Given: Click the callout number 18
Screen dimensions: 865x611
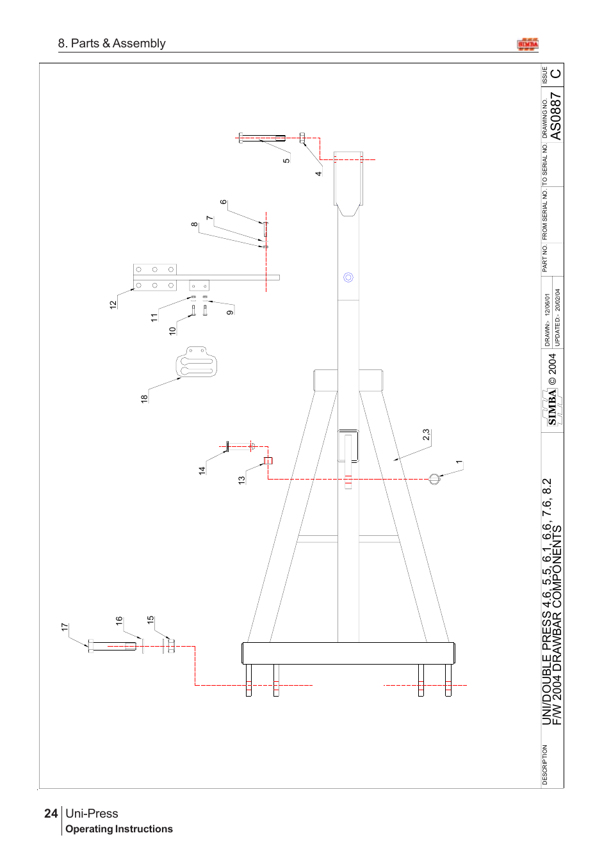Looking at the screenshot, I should (144, 398).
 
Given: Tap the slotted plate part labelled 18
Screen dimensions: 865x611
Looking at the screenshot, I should (197, 363).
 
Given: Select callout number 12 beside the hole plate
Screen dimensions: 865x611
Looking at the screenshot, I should (113, 305).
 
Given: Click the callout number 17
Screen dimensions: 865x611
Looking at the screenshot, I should (65, 627).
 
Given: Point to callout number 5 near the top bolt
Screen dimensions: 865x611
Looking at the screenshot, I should (286, 160).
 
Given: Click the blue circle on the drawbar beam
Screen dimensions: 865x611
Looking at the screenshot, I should (348, 277).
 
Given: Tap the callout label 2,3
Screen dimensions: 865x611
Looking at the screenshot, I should (426, 435).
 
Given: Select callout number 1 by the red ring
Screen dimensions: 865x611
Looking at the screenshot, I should (459, 462).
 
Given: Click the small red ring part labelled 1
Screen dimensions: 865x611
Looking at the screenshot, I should (434, 479).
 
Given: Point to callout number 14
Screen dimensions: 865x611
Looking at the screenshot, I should (202, 470).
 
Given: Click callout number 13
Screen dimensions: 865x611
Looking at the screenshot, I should (241, 480).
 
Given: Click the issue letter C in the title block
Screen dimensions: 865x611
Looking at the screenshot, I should (555, 74).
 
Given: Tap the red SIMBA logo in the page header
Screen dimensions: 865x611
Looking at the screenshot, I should (528, 44).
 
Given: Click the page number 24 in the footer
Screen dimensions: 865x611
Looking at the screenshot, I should (51, 813).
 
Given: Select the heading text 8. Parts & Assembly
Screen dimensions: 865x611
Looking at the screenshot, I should (112, 44).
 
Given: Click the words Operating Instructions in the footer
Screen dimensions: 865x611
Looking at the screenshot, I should (119, 829).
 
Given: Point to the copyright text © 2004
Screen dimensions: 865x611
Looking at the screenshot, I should (552, 369).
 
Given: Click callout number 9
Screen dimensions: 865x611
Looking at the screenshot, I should (230, 312).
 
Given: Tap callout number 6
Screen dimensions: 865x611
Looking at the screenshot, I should (223, 202).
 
